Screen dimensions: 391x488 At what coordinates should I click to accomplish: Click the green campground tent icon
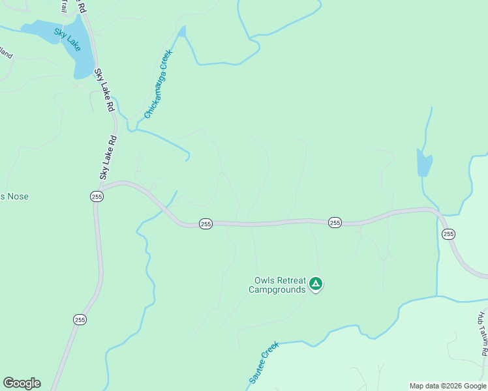tap(316, 283)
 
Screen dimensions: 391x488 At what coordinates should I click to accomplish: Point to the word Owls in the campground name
tap(265, 281)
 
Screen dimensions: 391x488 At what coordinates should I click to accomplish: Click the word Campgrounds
tap(277, 289)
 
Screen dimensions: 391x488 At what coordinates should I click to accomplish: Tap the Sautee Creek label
tap(264, 362)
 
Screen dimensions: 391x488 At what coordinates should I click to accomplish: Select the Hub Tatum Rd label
tap(482, 333)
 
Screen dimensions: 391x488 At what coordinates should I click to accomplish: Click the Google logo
tap(22, 383)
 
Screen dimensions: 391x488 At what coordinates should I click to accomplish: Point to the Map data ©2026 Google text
tap(448, 386)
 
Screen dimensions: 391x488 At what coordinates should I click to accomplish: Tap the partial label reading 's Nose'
tap(14, 196)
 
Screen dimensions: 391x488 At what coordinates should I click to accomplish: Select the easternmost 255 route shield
tap(448, 234)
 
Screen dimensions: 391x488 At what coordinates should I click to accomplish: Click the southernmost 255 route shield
tap(80, 319)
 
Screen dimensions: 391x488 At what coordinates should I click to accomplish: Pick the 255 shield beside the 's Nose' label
tap(97, 196)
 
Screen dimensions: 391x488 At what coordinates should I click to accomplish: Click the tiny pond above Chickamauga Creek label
tap(181, 31)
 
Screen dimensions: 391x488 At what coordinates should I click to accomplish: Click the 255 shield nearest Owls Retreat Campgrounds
tap(335, 222)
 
